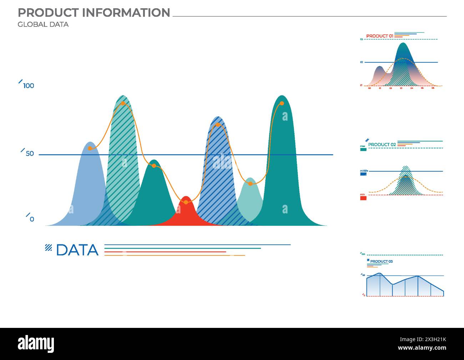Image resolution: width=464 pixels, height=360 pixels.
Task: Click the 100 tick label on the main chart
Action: pyautogui.click(x=29, y=86)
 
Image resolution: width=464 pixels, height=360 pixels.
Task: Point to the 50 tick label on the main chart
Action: pyautogui.click(x=30, y=154)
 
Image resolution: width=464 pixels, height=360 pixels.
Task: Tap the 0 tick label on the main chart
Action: pyautogui.click(x=32, y=219)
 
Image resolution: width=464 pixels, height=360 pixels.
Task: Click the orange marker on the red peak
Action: pyautogui.click(x=186, y=202)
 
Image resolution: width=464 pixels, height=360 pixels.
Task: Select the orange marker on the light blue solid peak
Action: pyautogui.click(x=90, y=148)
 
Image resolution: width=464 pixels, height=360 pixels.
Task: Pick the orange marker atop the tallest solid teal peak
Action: pyautogui.click(x=282, y=103)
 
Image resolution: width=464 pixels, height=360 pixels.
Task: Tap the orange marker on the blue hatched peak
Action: pyautogui.click(x=218, y=125)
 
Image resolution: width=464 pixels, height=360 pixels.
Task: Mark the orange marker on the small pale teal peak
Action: pyautogui.click(x=250, y=184)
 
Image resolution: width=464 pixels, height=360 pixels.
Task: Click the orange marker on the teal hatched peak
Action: pyautogui.click(x=123, y=103)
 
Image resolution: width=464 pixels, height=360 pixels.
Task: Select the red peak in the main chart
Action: pyautogui.click(x=185, y=214)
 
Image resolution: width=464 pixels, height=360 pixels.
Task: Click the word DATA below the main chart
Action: pyautogui.click(x=77, y=250)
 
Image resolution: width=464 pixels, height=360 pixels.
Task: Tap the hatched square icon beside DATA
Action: pyautogui.click(x=48, y=247)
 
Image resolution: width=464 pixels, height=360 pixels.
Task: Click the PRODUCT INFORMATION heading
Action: pyautogui.click(x=94, y=13)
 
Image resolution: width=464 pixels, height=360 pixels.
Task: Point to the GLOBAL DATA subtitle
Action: pyautogui.click(x=43, y=25)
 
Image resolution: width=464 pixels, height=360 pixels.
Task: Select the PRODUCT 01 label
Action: pyautogui.click(x=379, y=36)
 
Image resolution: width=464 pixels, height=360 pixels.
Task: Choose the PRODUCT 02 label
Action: pyautogui.click(x=382, y=144)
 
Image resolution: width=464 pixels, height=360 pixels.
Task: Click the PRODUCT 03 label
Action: pyautogui.click(x=381, y=262)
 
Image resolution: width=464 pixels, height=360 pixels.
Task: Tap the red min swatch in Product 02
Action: pyautogui.click(x=363, y=198)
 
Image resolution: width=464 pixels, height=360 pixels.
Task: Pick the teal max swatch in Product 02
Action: pyautogui.click(x=363, y=149)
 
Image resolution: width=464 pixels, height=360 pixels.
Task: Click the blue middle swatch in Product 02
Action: pyautogui.click(x=363, y=174)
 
